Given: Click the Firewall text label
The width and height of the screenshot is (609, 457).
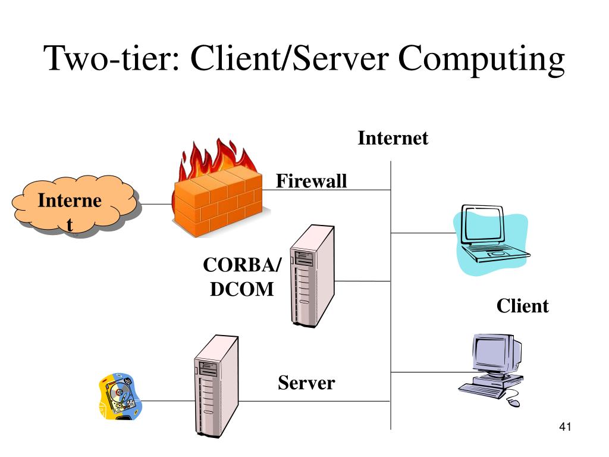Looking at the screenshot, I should pos(311,181).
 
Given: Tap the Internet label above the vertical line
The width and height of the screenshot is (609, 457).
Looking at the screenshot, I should pos(393,138).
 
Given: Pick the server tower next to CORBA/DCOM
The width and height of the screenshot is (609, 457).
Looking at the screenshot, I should pos(311,275).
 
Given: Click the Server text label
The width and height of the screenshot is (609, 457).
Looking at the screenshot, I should pos(306,383).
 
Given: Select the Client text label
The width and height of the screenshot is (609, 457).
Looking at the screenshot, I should pos(522,306).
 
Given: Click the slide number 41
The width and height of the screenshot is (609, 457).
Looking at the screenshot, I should pos(565,427).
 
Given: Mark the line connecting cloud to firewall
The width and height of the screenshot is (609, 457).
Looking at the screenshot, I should pos(156,204).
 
